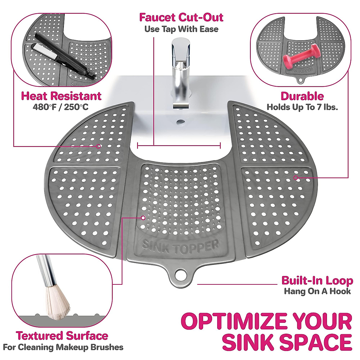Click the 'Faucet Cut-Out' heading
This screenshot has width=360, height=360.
[181, 17]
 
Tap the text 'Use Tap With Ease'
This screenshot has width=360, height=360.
[181, 29]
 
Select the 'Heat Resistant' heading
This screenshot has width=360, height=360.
[61, 96]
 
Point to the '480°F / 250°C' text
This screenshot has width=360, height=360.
[61, 107]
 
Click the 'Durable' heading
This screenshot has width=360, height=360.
[302, 96]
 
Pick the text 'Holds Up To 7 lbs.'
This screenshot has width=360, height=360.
[302, 107]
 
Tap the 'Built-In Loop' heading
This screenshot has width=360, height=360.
[317, 280]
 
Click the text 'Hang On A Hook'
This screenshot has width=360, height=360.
[317, 291]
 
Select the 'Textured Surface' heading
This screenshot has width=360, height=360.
[62, 336]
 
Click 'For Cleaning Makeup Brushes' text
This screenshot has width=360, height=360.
[63, 347]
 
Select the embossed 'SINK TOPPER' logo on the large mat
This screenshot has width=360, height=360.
[180, 247]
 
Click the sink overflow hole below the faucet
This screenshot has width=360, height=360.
[181, 122]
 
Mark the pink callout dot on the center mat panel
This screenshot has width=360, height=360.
[143, 217]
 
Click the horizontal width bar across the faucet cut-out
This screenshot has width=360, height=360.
[179, 146]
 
